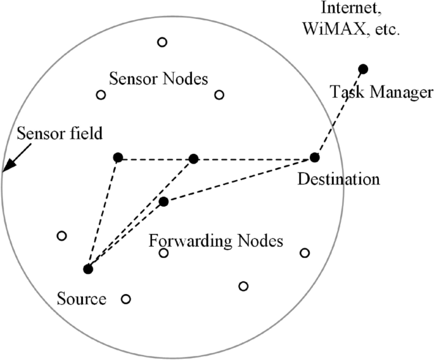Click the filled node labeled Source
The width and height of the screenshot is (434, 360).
(x=88, y=269)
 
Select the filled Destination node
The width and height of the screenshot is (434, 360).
(x=315, y=157)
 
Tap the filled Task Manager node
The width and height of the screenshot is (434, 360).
(x=363, y=68)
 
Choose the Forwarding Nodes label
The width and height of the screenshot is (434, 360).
(x=215, y=241)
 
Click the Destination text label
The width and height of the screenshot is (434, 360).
(x=338, y=179)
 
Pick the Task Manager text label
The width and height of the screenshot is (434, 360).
(x=381, y=93)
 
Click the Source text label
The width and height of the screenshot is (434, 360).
(x=81, y=298)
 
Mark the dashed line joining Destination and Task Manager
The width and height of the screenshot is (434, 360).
(x=339, y=113)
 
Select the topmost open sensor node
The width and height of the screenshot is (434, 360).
(x=162, y=42)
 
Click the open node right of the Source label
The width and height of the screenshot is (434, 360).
(x=125, y=299)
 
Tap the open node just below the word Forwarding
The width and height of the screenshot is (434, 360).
(x=163, y=254)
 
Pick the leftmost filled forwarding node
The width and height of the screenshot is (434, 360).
(x=117, y=157)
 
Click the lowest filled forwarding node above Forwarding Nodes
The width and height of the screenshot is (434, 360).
(x=163, y=202)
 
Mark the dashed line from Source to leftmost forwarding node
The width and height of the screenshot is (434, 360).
(x=103, y=213)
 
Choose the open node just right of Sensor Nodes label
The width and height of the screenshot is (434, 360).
(x=219, y=95)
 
